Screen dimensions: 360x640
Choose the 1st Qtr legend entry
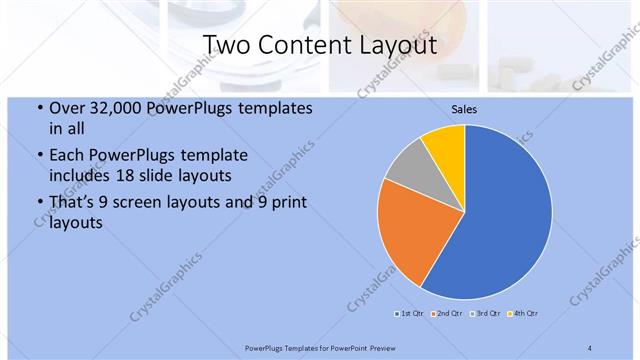(x=409, y=314)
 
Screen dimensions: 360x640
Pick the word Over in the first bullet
(x=67, y=108)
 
